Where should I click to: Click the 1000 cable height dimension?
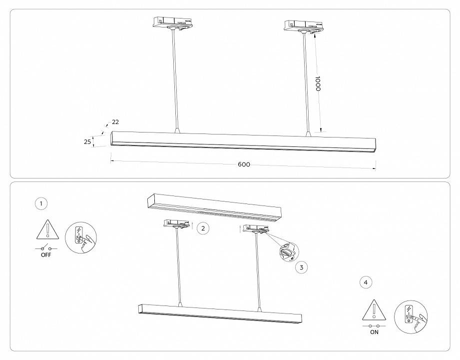317,83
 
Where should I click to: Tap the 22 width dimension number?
115,122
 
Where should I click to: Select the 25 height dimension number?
87,142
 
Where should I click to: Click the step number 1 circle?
41,203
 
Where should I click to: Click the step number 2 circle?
202,228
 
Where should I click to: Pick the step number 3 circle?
301,267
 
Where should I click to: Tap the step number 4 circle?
366,282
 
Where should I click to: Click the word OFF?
46,255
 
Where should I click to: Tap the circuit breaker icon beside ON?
410,317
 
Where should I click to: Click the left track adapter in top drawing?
173,23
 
